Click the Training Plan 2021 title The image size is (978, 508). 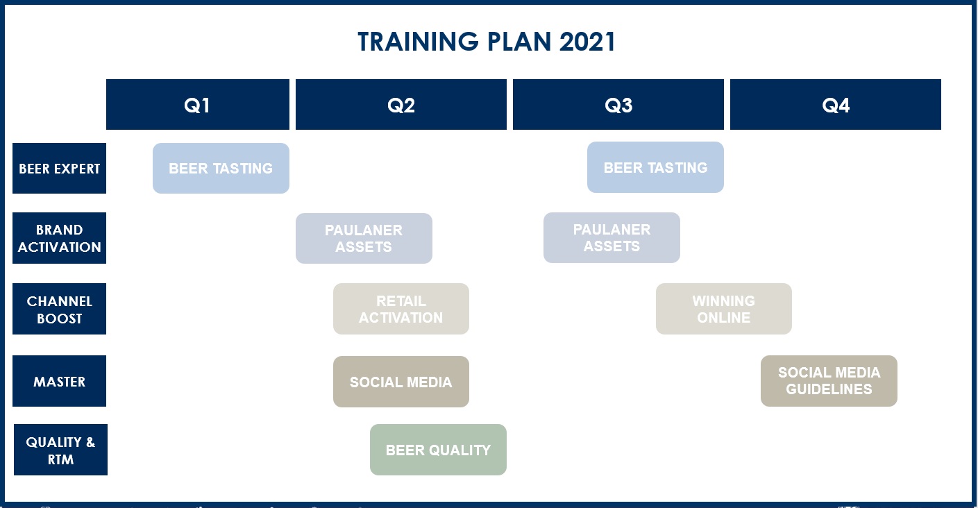[x=487, y=42]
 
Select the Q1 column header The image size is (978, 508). [x=197, y=104]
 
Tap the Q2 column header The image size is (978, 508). [x=401, y=104]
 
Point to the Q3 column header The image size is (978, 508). [x=618, y=104]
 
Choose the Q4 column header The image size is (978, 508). [x=835, y=104]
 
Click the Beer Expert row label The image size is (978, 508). [x=60, y=168]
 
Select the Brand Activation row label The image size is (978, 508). [x=60, y=238]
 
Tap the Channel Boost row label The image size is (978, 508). [x=60, y=309]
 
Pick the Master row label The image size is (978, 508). [x=60, y=381]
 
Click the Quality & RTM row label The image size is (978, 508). [x=60, y=450]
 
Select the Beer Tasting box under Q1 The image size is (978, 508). [x=221, y=168]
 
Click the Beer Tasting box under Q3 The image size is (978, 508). [x=655, y=167]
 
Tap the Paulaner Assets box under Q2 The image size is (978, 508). [x=364, y=238]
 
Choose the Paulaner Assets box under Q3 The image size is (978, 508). [x=612, y=238]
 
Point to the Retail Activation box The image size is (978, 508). [x=401, y=309]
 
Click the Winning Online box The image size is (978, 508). [x=723, y=309]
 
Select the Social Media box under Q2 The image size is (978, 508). [x=401, y=382]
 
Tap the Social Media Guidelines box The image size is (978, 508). [x=829, y=381]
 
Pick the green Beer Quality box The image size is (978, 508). [x=438, y=450]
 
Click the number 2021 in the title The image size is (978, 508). [x=587, y=42]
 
